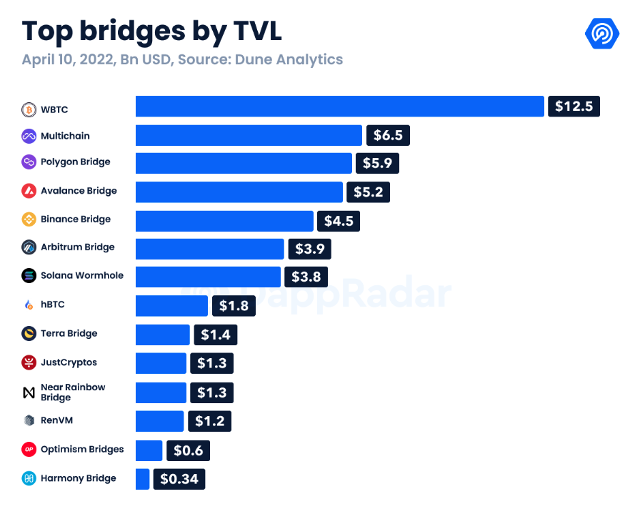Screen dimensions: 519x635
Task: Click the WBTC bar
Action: pyautogui.click(x=340, y=107)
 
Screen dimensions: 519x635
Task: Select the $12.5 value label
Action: pyautogui.click(x=574, y=107)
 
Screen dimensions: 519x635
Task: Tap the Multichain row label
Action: pyautogui.click(x=65, y=136)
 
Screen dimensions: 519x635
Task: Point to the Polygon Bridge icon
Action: pyautogui.click(x=29, y=162)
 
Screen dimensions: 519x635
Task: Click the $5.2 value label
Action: pyautogui.click(x=368, y=192)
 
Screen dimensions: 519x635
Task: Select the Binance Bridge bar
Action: pyautogui.click(x=224, y=221)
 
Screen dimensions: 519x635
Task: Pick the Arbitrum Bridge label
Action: pyautogui.click(x=77, y=247)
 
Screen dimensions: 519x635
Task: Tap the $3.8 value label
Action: pyautogui.click(x=306, y=276)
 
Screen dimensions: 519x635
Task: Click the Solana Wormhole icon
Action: pyautogui.click(x=29, y=276)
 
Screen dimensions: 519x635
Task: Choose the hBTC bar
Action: pyautogui.click(x=171, y=305)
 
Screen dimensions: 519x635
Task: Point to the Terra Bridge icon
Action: pyautogui.click(x=29, y=334)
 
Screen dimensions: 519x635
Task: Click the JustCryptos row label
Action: pyautogui.click(x=69, y=362)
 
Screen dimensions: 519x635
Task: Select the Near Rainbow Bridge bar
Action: pyautogui.click(x=161, y=392)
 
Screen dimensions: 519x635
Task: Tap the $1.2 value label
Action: pyautogui.click(x=209, y=421)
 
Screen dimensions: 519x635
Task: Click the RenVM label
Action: pyautogui.click(x=57, y=420)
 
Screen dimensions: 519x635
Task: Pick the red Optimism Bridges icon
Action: pyautogui.click(x=29, y=450)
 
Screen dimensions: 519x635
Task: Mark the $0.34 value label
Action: pyautogui.click(x=179, y=479)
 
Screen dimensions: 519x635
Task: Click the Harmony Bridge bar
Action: pyautogui.click(x=142, y=479)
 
